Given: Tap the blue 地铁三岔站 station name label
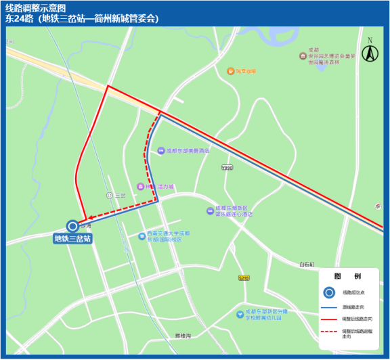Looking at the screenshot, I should coord(73,238).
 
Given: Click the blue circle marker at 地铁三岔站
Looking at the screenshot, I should coord(72,226).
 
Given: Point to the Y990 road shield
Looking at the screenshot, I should coord(226,167).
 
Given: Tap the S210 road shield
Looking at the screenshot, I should coord(244,277).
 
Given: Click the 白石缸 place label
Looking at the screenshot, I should coord(307,264).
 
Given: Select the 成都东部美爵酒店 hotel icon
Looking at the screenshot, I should coord(160,151).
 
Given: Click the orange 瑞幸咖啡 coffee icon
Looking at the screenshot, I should coord(230,70).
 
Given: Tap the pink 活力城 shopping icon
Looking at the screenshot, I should coord(140,186).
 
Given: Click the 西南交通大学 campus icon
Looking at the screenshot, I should coord(142,236).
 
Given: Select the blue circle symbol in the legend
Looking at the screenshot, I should coord(328,292).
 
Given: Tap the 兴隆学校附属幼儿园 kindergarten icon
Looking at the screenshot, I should coord(240,313).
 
